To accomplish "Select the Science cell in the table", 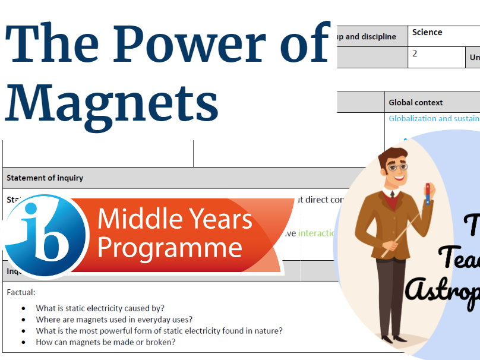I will coord(427,33).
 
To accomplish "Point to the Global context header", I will coord(416,102).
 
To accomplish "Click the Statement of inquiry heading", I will coord(45,178).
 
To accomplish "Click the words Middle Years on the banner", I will coord(175,219).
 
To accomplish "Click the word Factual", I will coord(21,292).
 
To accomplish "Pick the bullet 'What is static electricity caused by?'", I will coord(100,308).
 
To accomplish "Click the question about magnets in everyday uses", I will coord(114,319).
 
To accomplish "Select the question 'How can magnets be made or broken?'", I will coord(106,342).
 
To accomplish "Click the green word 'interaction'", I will coord(317,233).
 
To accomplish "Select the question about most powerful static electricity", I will coord(159,330).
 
